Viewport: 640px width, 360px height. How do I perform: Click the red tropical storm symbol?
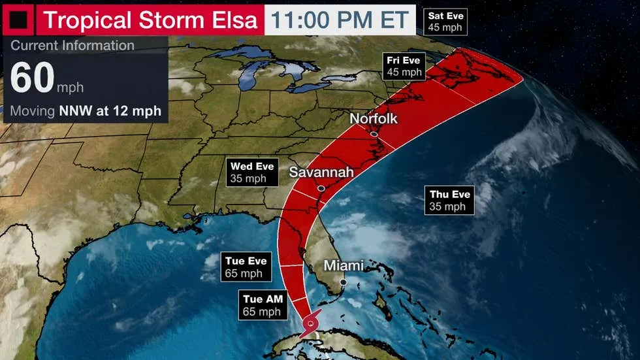(x=312, y=323)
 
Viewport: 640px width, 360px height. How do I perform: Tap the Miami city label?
(x=344, y=266)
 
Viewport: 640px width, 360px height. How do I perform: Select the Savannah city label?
(x=321, y=172)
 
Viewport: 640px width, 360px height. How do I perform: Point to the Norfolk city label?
(x=374, y=119)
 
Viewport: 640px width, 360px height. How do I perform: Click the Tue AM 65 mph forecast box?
(x=263, y=305)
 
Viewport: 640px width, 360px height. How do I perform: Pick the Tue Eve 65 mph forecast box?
(x=246, y=267)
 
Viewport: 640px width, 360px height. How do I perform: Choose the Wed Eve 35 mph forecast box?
(x=251, y=172)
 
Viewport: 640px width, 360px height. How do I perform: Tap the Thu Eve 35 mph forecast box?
(x=449, y=200)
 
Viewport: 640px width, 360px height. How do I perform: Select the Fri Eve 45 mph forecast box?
(x=404, y=66)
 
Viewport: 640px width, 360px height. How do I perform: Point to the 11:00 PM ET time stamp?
(x=340, y=19)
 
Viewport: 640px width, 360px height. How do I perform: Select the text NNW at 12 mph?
(x=109, y=111)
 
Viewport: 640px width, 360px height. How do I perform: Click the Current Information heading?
(x=72, y=46)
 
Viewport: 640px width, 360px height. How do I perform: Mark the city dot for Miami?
(x=342, y=282)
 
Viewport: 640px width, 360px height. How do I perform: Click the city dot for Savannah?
(x=321, y=188)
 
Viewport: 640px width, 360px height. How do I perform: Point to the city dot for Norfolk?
(x=373, y=134)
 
